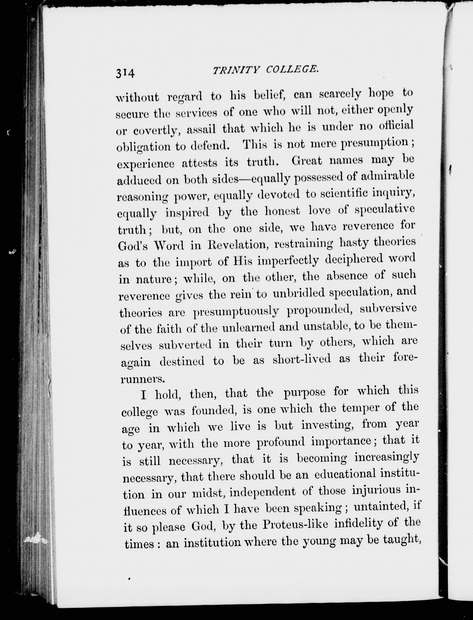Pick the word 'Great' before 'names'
point(307,161)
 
